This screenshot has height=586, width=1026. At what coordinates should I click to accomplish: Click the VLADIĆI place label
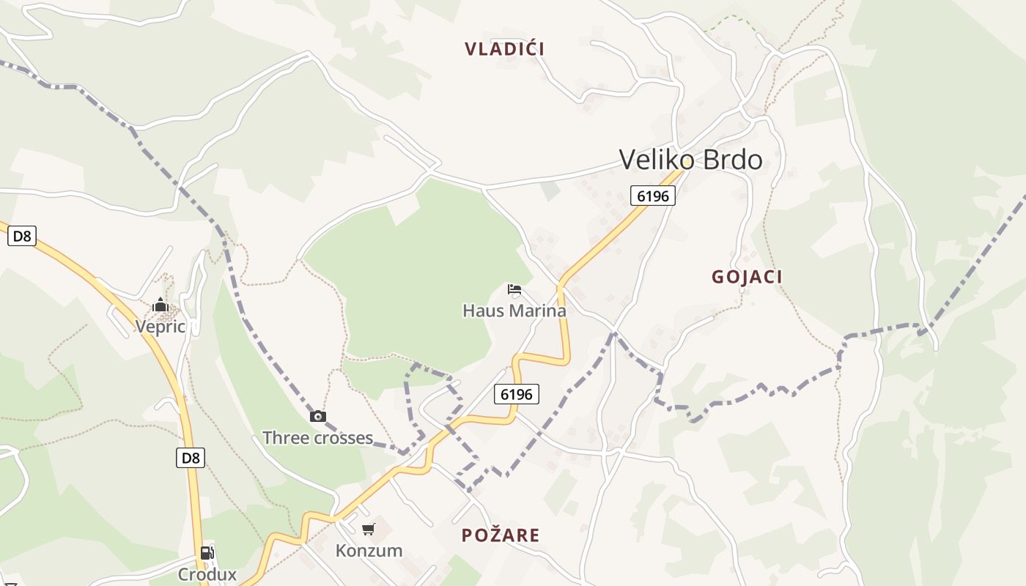[504, 49]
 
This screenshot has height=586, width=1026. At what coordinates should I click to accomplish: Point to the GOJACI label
[747, 277]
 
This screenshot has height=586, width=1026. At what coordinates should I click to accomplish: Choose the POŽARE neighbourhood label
[501, 535]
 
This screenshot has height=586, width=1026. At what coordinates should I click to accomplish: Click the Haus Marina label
[514, 311]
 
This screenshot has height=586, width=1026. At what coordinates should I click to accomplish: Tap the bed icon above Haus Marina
[514, 289]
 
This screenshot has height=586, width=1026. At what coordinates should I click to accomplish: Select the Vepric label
[160, 326]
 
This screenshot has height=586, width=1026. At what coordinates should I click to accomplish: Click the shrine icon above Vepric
[160, 305]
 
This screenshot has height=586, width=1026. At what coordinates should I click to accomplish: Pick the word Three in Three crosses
[287, 438]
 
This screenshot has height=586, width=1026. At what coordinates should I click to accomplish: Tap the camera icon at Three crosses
[317, 417]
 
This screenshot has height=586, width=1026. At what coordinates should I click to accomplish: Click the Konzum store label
[369, 550]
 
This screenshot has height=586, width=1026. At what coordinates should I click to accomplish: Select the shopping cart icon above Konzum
[369, 529]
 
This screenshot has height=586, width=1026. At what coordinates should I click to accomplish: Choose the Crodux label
[207, 574]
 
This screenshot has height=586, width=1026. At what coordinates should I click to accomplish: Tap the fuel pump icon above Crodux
[207, 553]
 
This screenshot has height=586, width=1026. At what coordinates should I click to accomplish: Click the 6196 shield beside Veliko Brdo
[652, 196]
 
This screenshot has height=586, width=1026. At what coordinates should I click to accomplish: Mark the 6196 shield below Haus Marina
[516, 394]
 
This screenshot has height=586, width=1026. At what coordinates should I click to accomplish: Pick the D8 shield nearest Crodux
[191, 459]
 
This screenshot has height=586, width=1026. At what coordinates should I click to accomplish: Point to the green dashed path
[730, 20]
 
